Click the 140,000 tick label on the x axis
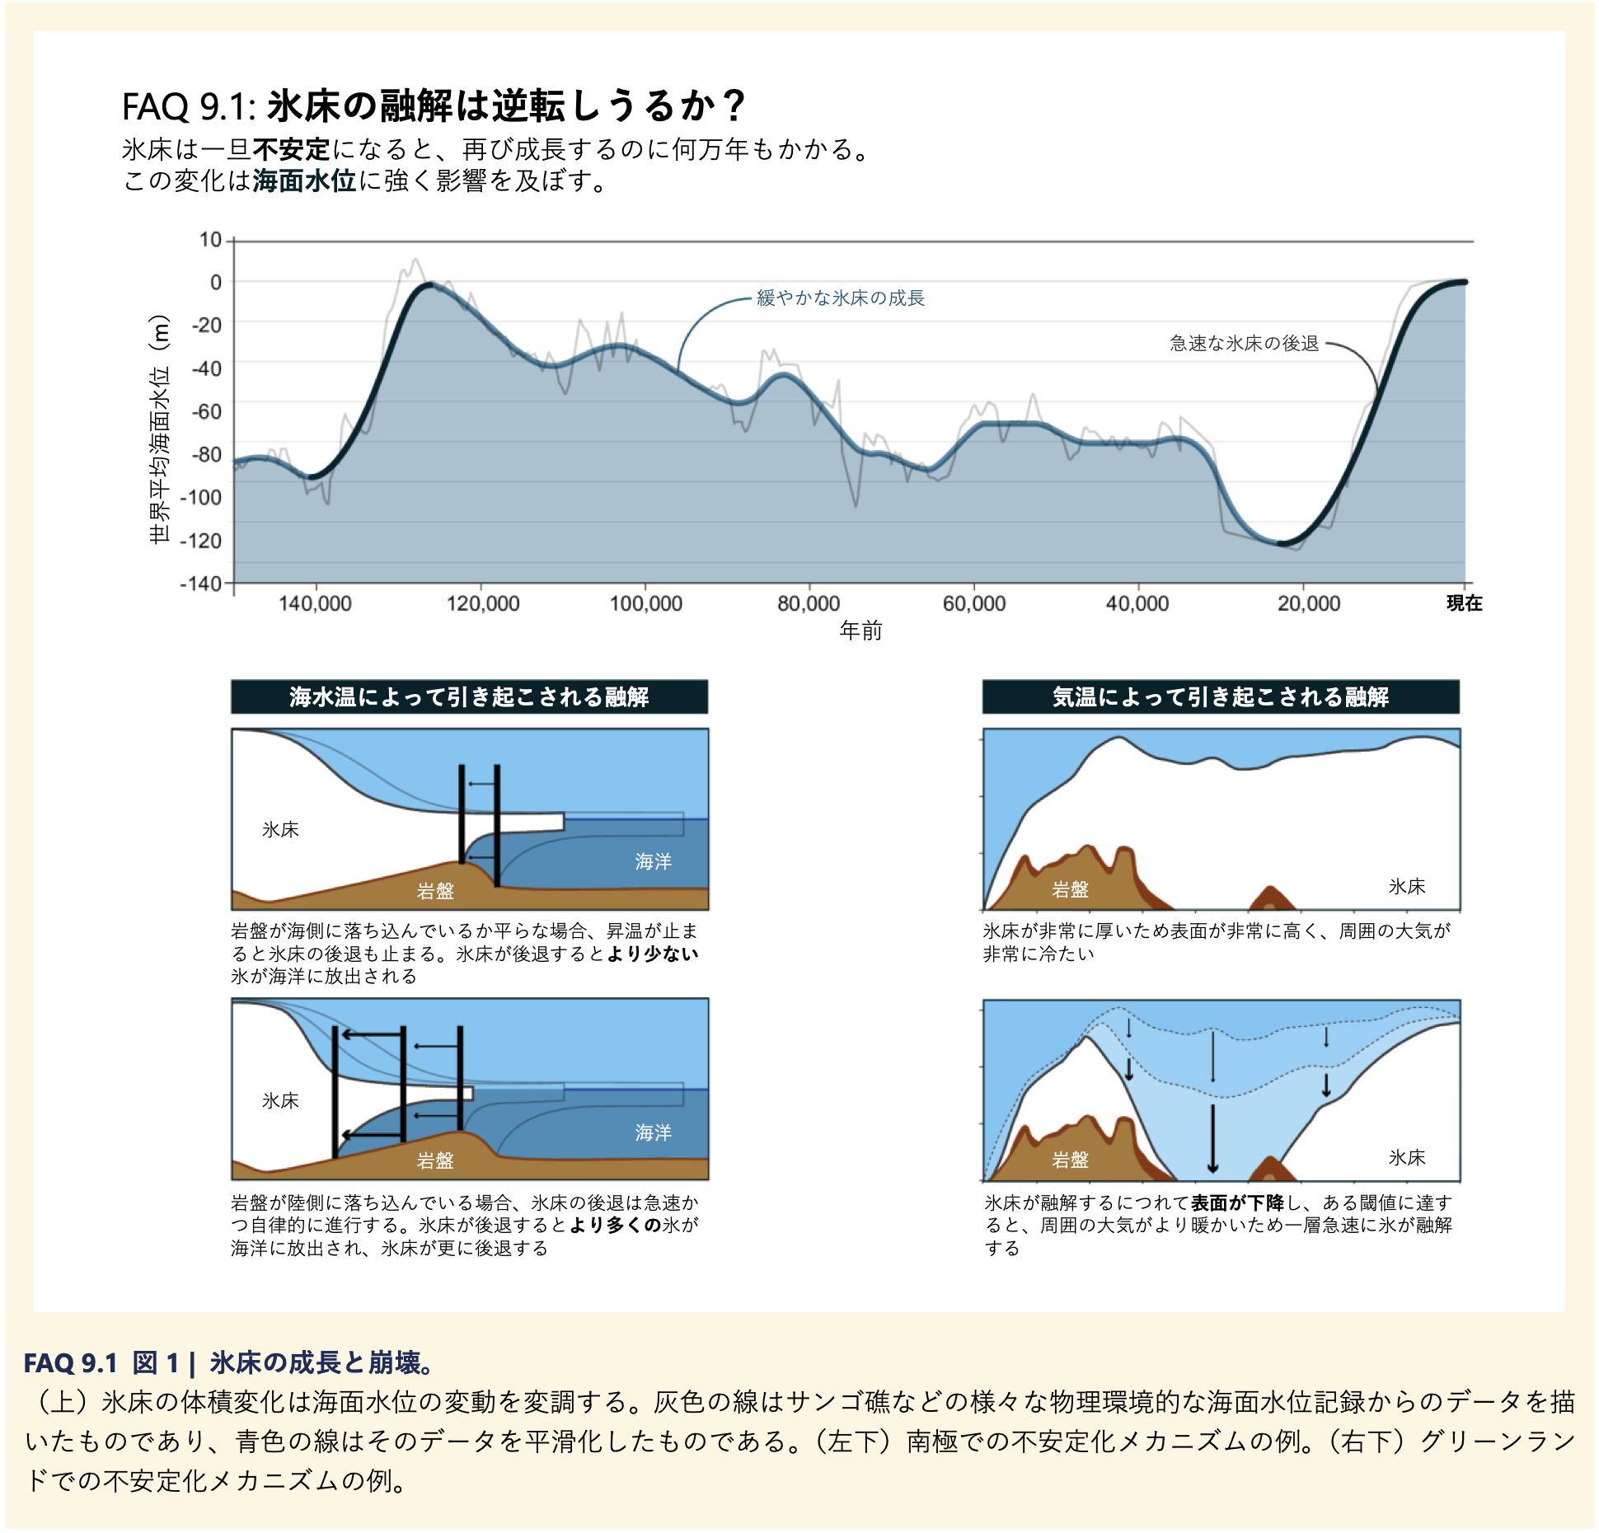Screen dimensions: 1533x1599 [315, 603]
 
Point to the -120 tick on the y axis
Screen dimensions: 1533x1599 [202, 541]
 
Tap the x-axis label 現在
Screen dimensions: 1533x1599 [1464, 603]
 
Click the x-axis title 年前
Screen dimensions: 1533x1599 [860, 631]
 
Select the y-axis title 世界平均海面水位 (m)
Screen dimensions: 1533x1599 [160, 429]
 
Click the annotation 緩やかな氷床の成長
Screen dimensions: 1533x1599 [841, 298]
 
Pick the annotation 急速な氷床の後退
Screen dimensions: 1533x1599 [1244, 343]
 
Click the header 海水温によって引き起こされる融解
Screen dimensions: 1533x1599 [469, 697]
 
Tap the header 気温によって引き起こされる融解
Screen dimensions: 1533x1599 [1220, 697]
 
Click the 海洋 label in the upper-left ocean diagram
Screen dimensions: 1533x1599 [653, 861]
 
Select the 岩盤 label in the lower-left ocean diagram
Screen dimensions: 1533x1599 [435, 1160]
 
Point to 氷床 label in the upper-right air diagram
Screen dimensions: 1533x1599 [1406, 886]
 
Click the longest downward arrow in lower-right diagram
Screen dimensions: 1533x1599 [1212, 1137]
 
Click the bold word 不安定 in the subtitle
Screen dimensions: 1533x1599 [291, 149]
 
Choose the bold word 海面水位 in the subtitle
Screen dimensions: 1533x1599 [304, 180]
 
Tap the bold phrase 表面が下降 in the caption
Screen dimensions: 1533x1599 [1236, 1202]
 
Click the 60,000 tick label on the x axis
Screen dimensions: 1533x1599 [974, 603]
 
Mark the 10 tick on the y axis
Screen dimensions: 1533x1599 [211, 240]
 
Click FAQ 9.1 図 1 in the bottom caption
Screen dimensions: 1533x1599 [101, 1362]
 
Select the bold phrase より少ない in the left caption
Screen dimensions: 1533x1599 [653, 954]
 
